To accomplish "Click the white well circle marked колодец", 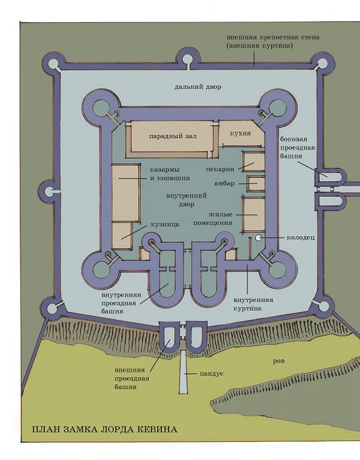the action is [258, 238].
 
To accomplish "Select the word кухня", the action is [240, 133].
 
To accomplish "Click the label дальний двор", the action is [197, 87].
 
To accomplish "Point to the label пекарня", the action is [220, 169].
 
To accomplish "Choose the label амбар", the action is [224, 184].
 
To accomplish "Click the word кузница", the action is [165, 224].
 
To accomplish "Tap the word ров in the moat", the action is [279, 361].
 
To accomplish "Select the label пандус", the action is [211, 374].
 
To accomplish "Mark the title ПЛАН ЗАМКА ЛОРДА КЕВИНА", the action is [105, 430].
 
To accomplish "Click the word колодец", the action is [301, 238].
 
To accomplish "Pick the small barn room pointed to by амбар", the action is [257, 184].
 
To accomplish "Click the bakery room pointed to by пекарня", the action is [254, 162].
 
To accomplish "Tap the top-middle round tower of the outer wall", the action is [187, 59].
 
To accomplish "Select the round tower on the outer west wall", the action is [49, 192].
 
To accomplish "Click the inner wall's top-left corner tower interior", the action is [101, 108].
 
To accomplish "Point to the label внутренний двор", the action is [187, 200].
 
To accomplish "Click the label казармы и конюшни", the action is [170, 174].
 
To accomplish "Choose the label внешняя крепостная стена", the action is [273, 38].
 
